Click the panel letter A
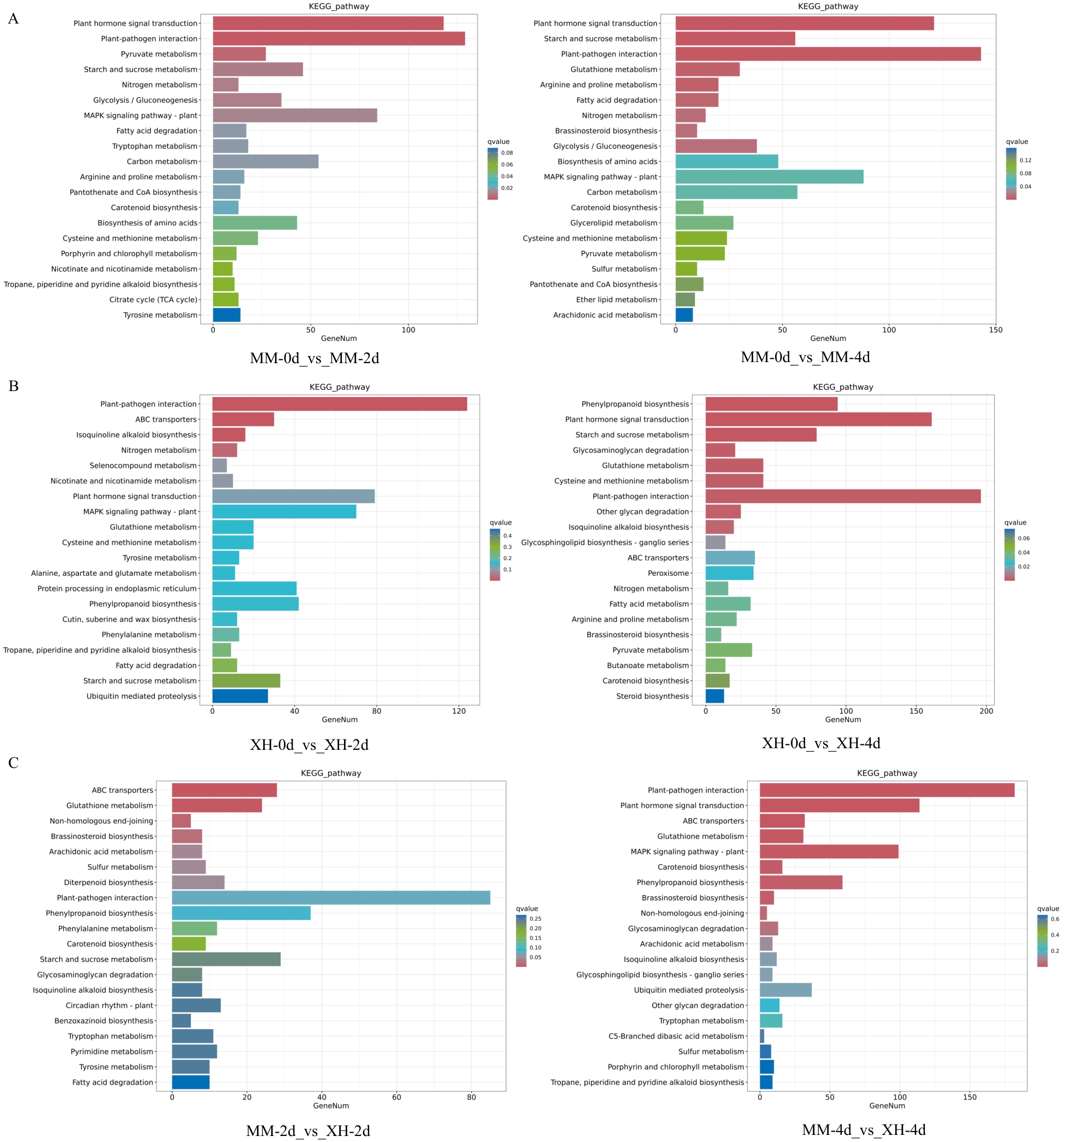pyautogui.click(x=13, y=19)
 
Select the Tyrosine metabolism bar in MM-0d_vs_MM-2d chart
pyautogui.click(x=226, y=315)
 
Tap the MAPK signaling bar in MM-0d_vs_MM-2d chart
pyautogui.click(x=295, y=115)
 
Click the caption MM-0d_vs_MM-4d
pyautogui.click(x=805, y=357)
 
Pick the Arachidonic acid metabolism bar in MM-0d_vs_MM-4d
pyautogui.click(x=684, y=315)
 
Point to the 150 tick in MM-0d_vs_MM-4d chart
pyautogui.click(x=995, y=330)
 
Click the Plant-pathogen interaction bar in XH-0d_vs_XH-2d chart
pyautogui.click(x=339, y=404)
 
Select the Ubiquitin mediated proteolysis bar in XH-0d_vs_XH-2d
pyautogui.click(x=240, y=696)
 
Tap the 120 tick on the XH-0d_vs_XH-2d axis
pyautogui.click(x=458, y=711)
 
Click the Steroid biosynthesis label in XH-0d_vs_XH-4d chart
pyautogui.click(x=652, y=696)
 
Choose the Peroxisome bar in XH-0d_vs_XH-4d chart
pyautogui.click(x=729, y=573)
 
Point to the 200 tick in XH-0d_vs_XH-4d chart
pyautogui.click(x=986, y=711)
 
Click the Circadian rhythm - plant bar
pyautogui.click(x=196, y=1005)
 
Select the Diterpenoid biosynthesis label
pyautogui.click(x=108, y=882)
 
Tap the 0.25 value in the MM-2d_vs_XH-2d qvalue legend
pyautogui.click(x=535, y=918)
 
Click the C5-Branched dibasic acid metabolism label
pyautogui.click(x=676, y=1036)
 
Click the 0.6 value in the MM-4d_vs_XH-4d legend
pyautogui.click(x=1055, y=919)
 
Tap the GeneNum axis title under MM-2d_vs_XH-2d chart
pyautogui.click(x=331, y=1106)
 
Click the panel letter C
pyautogui.click(x=13, y=763)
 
